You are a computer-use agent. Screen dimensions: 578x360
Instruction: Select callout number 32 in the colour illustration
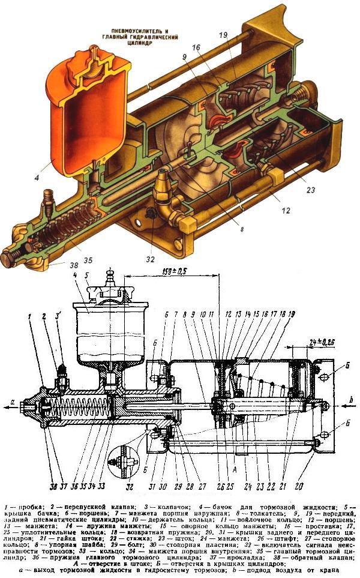(150, 260)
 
